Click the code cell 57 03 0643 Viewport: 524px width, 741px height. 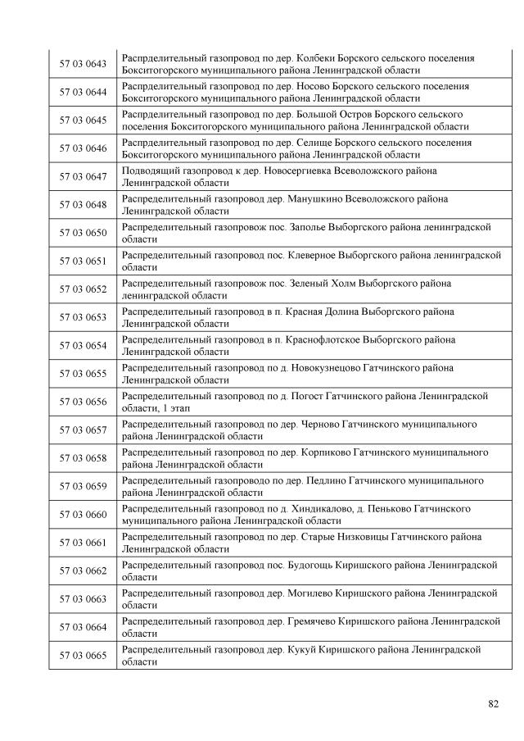click(83, 64)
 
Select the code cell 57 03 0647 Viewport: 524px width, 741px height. click(83, 176)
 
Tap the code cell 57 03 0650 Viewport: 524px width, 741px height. click(83, 233)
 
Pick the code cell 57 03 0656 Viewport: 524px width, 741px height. click(83, 402)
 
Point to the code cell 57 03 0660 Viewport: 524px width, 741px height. click(83, 514)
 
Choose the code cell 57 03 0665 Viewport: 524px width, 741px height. click(83, 655)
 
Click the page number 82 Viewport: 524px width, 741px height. click(493, 703)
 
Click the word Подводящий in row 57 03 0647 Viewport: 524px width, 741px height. click(149, 170)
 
